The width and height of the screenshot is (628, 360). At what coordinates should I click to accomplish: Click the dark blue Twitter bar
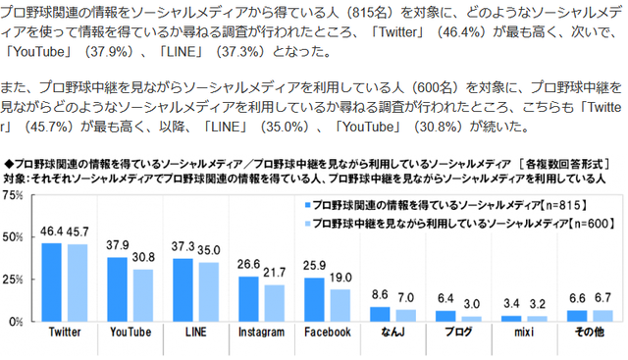click(x=52, y=283)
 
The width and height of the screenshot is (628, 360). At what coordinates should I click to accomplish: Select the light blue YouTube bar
click(x=143, y=295)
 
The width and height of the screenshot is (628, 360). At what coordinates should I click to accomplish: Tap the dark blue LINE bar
click(x=183, y=290)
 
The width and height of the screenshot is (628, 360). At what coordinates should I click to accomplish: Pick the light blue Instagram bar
click(x=275, y=303)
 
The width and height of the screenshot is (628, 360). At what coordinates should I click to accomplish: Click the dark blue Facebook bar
click(x=314, y=299)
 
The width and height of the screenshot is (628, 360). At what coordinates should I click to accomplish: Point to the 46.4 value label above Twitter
click(x=51, y=231)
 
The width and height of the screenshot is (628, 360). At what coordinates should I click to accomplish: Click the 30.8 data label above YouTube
click(x=143, y=257)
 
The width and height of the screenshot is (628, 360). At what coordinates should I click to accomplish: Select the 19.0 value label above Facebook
click(x=340, y=278)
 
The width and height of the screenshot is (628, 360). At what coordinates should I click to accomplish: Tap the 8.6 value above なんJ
click(x=380, y=294)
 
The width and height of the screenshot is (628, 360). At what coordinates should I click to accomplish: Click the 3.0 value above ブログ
click(x=471, y=304)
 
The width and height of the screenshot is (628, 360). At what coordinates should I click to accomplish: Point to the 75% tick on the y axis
click(x=13, y=195)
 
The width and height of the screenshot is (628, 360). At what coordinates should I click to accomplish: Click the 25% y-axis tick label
click(x=13, y=280)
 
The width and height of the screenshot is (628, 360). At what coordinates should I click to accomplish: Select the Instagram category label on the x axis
click(x=261, y=332)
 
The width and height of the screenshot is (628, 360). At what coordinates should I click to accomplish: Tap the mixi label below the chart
click(x=524, y=332)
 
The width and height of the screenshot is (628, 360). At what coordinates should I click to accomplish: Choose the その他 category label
click(x=589, y=332)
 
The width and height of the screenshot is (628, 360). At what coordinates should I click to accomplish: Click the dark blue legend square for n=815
click(x=307, y=205)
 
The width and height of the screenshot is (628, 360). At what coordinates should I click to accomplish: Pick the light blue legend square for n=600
click(x=307, y=224)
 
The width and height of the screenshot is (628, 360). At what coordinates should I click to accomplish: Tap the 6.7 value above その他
click(x=602, y=298)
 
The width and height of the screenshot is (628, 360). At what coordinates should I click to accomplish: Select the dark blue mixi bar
click(x=511, y=319)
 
